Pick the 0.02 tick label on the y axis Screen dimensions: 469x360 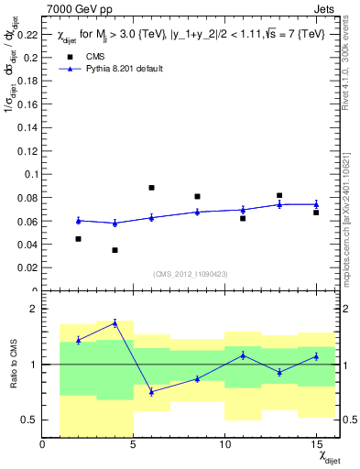click(27, 268)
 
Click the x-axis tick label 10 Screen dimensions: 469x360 click(224, 445)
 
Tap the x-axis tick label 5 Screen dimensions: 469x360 click(134, 445)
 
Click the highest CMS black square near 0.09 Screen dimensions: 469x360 click(151, 188)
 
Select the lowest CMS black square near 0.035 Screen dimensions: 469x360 click(115, 250)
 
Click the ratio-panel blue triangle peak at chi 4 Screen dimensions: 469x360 click(115, 322)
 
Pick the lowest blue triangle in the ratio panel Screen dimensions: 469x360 click(151, 392)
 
